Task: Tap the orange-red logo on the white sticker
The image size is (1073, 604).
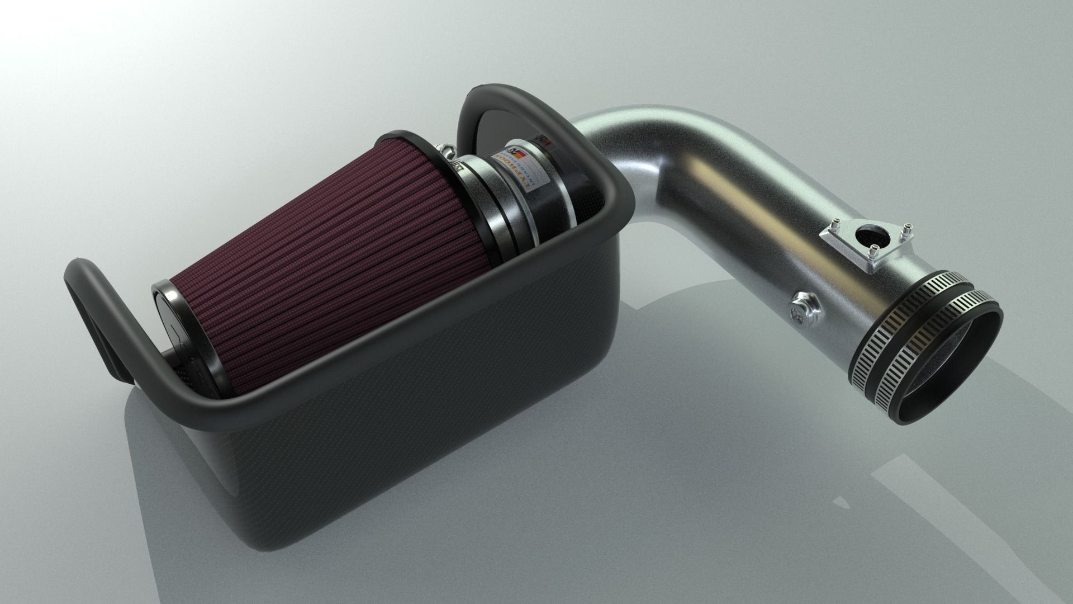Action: coord(515,152)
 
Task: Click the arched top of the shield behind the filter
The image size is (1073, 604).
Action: coord(503,95)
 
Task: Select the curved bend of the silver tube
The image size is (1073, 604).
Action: coord(643,140)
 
